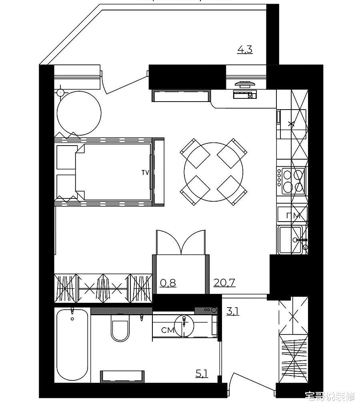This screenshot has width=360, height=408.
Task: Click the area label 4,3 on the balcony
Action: pyautogui.click(x=245, y=49)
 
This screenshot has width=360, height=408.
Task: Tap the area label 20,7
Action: pyautogui.click(x=224, y=282)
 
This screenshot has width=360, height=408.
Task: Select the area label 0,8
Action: pyautogui.click(x=168, y=282)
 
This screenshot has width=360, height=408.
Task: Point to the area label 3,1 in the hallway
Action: pyautogui.click(x=232, y=311)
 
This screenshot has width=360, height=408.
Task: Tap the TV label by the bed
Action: pyautogui.click(x=145, y=172)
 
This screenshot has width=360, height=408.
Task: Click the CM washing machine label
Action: pyautogui.click(x=168, y=330)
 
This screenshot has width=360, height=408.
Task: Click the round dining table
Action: pyautogui.click(x=213, y=172)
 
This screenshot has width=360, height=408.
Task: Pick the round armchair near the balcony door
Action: pyautogui.click(x=79, y=113)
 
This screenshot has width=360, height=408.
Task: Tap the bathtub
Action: pyautogui.click(x=72, y=345)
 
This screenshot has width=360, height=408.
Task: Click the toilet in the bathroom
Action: pyautogui.click(x=120, y=328)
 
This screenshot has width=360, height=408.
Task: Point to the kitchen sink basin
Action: pyautogui.click(x=290, y=240)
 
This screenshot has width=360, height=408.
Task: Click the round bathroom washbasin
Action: pyautogui.click(x=184, y=326)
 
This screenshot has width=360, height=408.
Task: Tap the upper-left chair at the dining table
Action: pyautogui.click(x=195, y=154)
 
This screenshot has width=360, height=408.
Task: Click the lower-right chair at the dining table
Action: pyautogui.click(x=232, y=190)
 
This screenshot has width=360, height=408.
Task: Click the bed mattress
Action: pyautogui.click(x=113, y=172)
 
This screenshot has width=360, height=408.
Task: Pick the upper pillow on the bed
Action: pyautogui.click(x=66, y=157)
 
